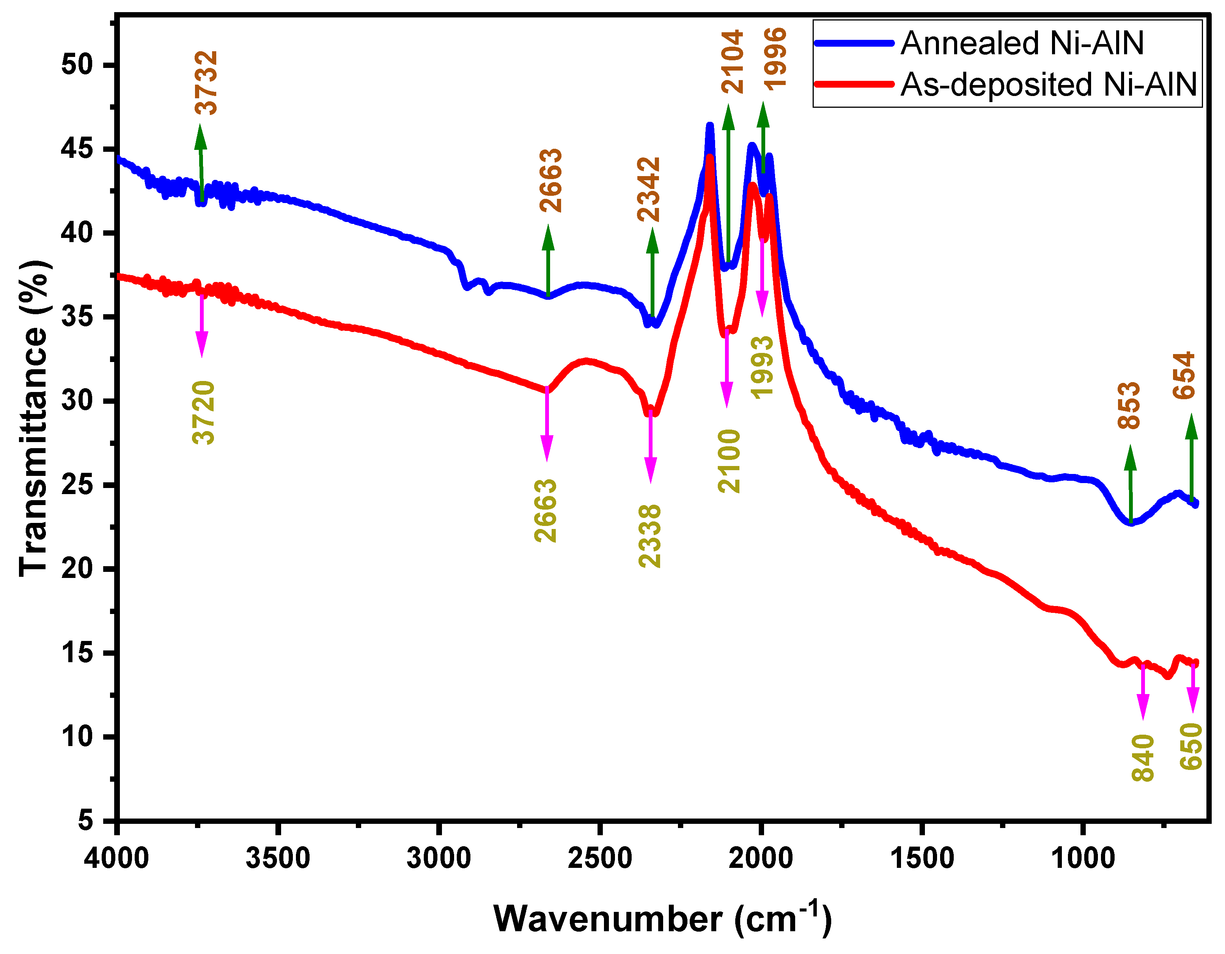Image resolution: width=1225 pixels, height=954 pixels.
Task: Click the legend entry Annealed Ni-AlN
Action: tap(1022, 43)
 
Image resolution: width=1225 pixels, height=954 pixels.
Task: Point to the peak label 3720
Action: tap(203, 412)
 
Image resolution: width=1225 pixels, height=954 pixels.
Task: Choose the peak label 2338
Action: tap(650, 536)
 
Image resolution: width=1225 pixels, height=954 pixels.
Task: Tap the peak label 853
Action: tap(1129, 405)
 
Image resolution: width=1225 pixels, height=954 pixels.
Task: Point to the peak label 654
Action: tap(1184, 375)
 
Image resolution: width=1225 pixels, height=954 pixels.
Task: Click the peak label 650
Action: tap(1191, 746)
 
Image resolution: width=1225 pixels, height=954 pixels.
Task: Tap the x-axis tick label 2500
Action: tap(599, 859)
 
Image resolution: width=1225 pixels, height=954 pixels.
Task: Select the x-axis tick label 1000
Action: tap(1082, 859)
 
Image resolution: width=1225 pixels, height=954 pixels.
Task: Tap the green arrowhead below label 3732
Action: tap(201, 137)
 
